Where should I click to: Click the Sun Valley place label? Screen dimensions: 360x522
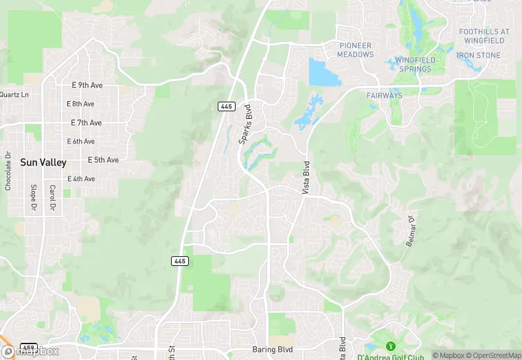click(x=43, y=163)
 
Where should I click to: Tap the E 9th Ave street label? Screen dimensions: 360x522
click(x=87, y=85)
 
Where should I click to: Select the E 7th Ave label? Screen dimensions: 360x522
click(x=87, y=122)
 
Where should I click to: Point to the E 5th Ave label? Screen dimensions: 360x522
click(x=103, y=160)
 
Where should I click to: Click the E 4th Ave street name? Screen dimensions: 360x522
click(x=81, y=179)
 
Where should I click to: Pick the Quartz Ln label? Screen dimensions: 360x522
click(x=14, y=95)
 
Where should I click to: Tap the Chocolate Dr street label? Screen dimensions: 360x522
click(x=9, y=172)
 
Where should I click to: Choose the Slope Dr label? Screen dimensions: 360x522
click(x=33, y=198)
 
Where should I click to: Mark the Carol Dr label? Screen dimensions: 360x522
click(x=52, y=198)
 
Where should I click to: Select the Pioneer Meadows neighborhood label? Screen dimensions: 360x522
click(x=356, y=50)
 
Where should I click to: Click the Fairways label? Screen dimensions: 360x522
click(x=384, y=95)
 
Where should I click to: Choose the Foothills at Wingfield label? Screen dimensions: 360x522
click(x=484, y=36)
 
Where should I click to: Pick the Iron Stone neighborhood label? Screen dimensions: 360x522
click(x=478, y=55)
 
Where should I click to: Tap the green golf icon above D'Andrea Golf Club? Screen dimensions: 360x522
click(x=391, y=346)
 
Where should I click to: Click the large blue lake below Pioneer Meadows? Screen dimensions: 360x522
click(x=323, y=72)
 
